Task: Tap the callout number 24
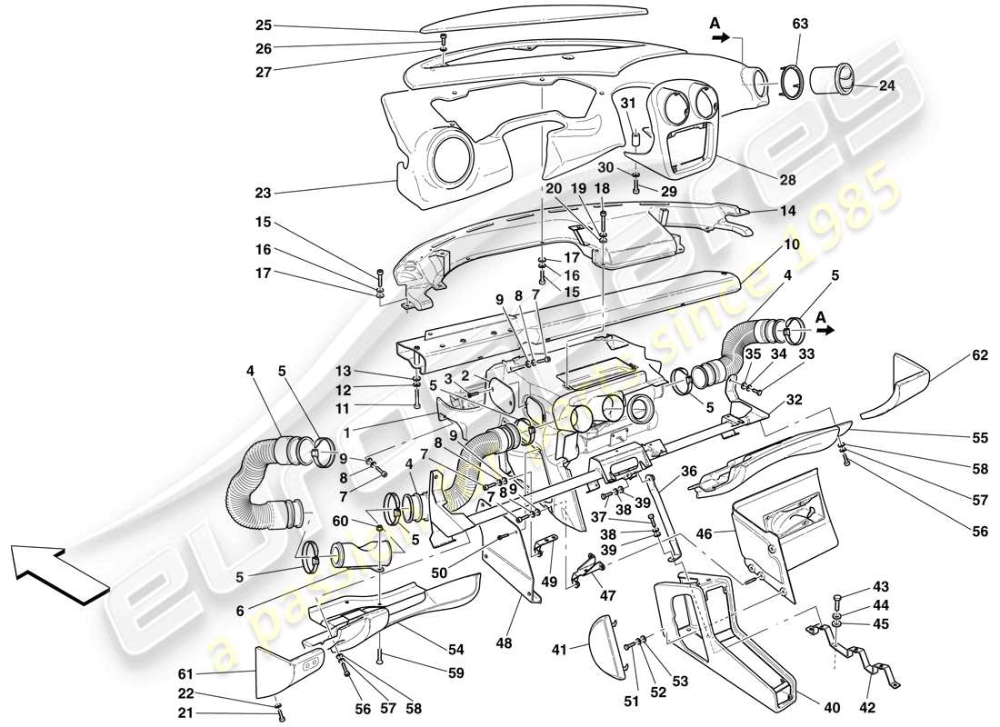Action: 887,87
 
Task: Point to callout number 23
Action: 262,193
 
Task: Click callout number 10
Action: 793,245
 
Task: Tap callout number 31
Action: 625,103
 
